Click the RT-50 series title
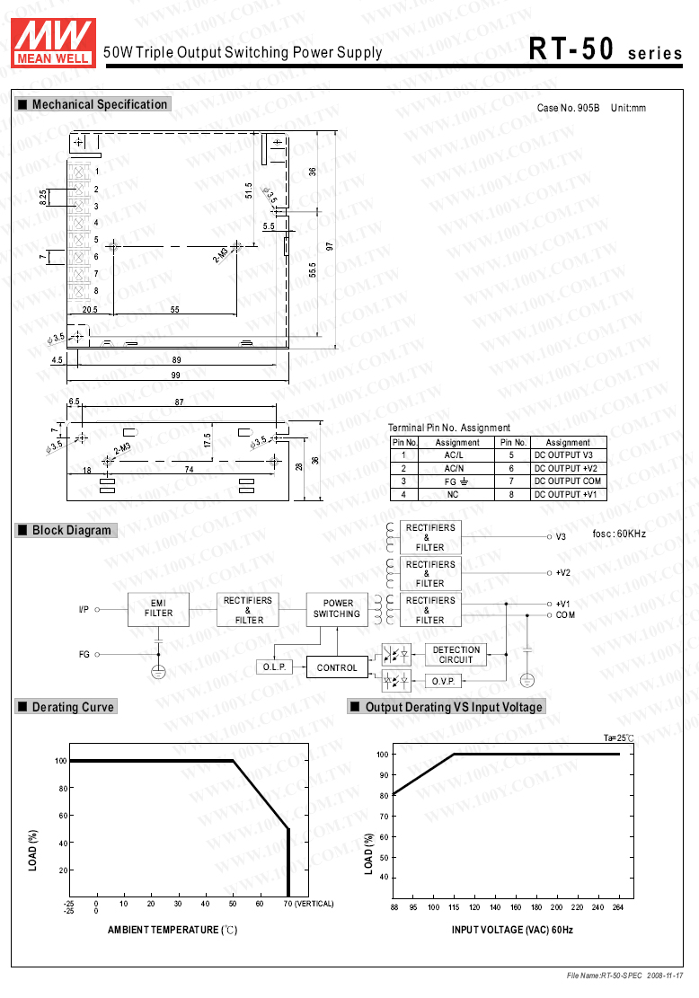pyautogui.click(x=606, y=49)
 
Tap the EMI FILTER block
pyautogui.click(x=158, y=608)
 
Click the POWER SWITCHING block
pyautogui.click(x=338, y=609)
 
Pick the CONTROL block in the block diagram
pyautogui.click(x=337, y=667)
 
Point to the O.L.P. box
pyautogui.click(x=273, y=667)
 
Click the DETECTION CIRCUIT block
pyautogui.click(x=456, y=655)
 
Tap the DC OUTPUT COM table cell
pyautogui.click(x=568, y=481)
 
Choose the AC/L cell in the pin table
pyautogui.click(x=453, y=455)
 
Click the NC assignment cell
pyautogui.click(x=453, y=495)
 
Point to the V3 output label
pyautogui.click(x=560, y=537)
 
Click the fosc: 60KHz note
pyautogui.click(x=619, y=534)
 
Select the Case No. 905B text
pyautogui.click(x=568, y=109)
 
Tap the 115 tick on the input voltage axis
pyautogui.click(x=454, y=907)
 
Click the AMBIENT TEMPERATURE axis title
pyautogui.click(x=172, y=930)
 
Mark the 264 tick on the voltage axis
pyautogui.click(x=618, y=907)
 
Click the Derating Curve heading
pyautogui.click(x=73, y=707)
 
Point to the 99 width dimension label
pyautogui.click(x=176, y=375)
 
